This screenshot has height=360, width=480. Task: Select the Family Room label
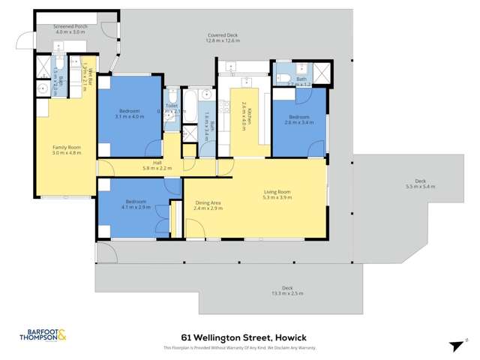click(66, 147)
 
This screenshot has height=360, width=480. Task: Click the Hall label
click(157, 163)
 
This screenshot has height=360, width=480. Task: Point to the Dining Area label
click(208, 202)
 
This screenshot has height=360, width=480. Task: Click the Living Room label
click(278, 192)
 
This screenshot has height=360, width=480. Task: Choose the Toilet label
click(171, 106)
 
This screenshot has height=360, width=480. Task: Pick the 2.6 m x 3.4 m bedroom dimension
click(299, 122)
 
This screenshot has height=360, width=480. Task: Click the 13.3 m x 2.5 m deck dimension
click(287, 293)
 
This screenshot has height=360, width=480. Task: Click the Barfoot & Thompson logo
click(43, 336)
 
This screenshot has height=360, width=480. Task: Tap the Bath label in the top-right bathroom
click(301, 79)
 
